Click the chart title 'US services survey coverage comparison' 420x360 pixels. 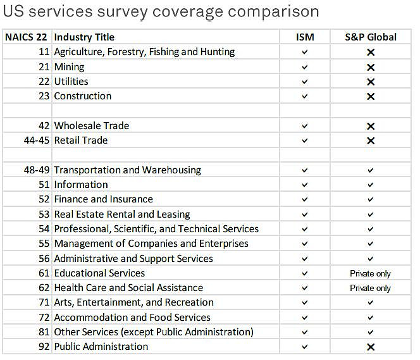[161, 11]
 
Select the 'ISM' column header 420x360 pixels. [305, 37]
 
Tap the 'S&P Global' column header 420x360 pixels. [371, 37]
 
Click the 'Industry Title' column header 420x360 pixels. [84, 37]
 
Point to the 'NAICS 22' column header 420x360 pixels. [27, 37]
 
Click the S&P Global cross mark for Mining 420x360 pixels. [371, 67]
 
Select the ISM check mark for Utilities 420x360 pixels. [305, 82]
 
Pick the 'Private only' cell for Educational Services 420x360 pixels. [371, 273]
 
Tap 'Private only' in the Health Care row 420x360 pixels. [371, 288]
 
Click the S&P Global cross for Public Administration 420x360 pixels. [371, 347]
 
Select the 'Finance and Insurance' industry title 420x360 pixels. [103, 199]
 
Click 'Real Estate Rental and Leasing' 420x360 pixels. [122, 214]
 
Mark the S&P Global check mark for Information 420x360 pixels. [371, 185]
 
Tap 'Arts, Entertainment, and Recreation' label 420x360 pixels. [133, 302]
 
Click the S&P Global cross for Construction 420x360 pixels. [371, 97]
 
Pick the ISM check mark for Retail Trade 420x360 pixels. [305, 140]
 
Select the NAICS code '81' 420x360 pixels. [44, 332]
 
